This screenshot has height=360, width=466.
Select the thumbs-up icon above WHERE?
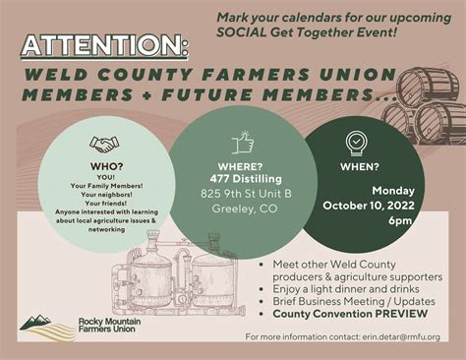point(243,144)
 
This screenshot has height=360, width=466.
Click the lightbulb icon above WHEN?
point(356,142)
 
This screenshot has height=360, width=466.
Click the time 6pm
point(372,220)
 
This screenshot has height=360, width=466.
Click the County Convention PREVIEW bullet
point(335,314)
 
